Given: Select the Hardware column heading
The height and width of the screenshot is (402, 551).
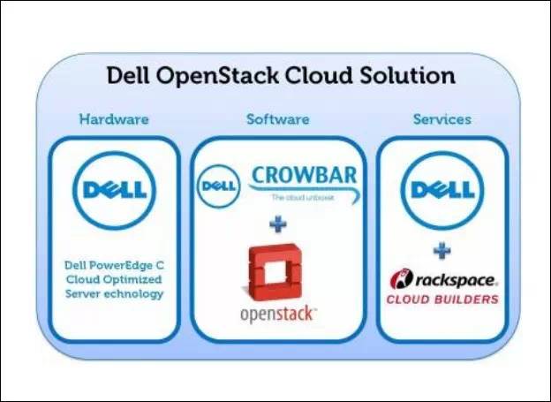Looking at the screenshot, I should pos(114,119).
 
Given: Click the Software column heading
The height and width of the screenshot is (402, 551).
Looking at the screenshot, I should pos(277,119).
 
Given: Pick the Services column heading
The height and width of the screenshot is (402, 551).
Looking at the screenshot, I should pos(442,119).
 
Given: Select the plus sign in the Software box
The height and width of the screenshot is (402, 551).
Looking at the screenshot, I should pos(278,224).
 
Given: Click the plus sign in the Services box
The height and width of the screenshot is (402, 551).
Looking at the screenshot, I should pos(442,248).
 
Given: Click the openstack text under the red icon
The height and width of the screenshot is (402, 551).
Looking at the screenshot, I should pos(278,315).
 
